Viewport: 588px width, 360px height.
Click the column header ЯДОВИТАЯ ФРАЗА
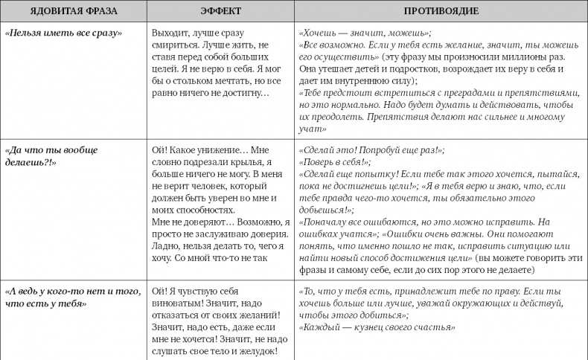pyautogui.click(x=72, y=12)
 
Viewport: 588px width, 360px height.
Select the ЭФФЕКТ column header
pyautogui.click(x=218, y=12)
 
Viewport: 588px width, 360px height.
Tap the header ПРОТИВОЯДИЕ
pyautogui.click(x=440, y=12)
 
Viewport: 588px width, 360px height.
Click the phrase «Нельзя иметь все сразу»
pyautogui.click(x=63, y=34)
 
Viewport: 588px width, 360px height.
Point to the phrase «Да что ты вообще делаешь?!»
pyautogui.click(x=51, y=155)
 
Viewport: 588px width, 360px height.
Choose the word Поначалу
pyautogui.click(x=330, y=222)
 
